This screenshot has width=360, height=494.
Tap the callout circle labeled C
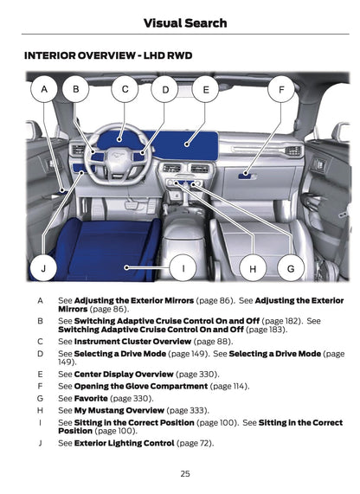point(125,88)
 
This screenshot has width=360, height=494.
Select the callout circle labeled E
point(206,88)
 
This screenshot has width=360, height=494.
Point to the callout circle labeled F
point(281,88)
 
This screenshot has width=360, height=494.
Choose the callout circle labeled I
point(183,268)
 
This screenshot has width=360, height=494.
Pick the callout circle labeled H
point(253,268)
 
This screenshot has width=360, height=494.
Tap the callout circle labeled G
point(291,268)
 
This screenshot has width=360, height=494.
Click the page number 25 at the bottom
point(185,473)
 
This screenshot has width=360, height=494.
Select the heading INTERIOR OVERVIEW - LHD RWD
point(108,55)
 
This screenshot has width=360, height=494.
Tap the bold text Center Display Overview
point(123,374)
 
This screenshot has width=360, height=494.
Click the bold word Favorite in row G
point(91,398)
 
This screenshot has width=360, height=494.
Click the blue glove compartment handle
point(248,175)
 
